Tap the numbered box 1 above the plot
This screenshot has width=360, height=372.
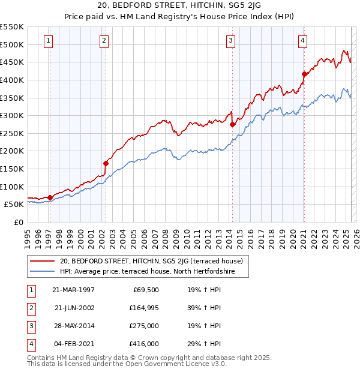point(48,41)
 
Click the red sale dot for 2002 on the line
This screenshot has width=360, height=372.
point(106,163)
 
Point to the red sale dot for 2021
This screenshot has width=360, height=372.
point(304,74)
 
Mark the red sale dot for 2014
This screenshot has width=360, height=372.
point(232,124)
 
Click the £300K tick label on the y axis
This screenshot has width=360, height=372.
point(12,115)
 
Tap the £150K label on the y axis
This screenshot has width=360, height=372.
point(12,169)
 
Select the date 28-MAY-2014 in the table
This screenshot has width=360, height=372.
point(74,326)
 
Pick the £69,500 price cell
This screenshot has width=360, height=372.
point(145,290)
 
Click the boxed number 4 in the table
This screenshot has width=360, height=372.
point(30,344)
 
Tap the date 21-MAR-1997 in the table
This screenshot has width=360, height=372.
point(74,290)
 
